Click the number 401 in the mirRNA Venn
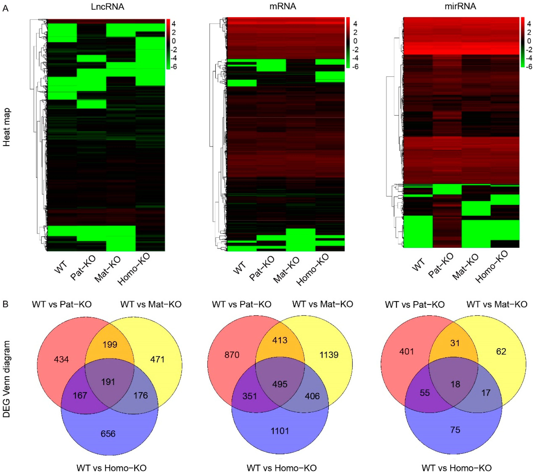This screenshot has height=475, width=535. click(x=407, y=351)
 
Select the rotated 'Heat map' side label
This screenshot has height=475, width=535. click(x=7, y=127)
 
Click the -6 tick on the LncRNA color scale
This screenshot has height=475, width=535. click(x=173, y=67)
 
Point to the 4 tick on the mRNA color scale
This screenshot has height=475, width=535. click(x=355, y=24)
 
